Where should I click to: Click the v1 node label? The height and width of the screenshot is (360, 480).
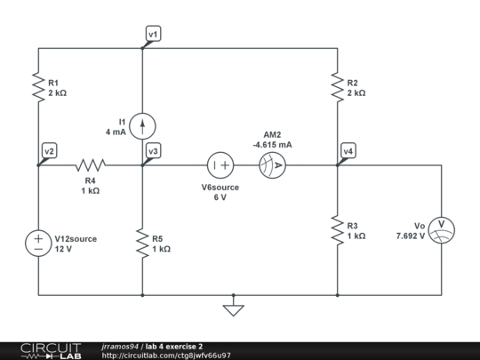click(154, 34)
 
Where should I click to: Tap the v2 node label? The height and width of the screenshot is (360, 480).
click(49, 151)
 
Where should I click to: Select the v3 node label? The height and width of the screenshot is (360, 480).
click(154, 151)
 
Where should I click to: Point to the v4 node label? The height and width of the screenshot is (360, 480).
click(348, 151)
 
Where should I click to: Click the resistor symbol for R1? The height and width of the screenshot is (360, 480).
click(38, 86)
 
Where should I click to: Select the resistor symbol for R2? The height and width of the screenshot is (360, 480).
click(338, 86)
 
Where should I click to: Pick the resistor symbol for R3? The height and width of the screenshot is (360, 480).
click(338, 230)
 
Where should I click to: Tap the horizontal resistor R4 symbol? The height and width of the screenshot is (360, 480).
click(90, 164)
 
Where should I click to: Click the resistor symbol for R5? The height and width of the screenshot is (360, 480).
click(142, 243)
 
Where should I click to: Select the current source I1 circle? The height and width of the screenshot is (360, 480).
click(142, 125)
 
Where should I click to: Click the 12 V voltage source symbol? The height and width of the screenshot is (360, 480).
click(38, 244)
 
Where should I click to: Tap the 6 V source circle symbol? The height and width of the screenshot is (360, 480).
click(220, 164)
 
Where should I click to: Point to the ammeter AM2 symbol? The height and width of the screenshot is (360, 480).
click(272, 164)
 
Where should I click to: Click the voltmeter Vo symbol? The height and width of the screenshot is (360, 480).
click(442, 230)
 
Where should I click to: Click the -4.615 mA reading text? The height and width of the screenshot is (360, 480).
click(272, 144)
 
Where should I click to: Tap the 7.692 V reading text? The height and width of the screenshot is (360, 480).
click(413, 236)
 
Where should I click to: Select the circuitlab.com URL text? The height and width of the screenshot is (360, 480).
click(166, 356)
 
